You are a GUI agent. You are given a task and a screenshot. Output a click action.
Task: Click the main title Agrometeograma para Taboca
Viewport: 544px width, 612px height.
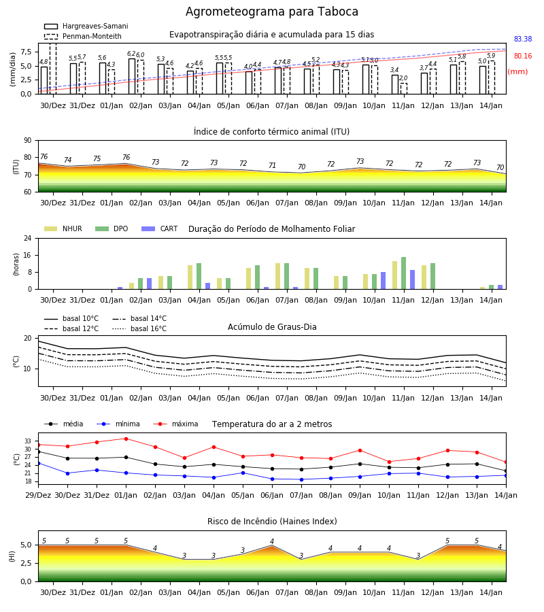[x=271, y=12]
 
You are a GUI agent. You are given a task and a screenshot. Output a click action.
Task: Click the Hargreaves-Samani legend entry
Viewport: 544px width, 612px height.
[x=86, y=26]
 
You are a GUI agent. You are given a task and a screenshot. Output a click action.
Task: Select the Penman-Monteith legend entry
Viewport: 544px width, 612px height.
[x=83, y=36]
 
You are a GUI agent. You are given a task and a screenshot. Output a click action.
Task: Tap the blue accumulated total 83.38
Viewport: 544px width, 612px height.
[x=522, y=39]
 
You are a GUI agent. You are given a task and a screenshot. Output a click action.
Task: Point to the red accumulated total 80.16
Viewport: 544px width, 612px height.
[x=522, y=56]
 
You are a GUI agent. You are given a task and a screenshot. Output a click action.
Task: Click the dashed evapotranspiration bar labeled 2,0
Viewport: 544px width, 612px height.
[x=403, y=88]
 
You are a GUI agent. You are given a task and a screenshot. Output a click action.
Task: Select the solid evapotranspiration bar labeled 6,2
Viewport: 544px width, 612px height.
[x=132, y=76]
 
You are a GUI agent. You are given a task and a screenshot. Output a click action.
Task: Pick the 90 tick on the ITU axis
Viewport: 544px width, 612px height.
[x=28, y=141]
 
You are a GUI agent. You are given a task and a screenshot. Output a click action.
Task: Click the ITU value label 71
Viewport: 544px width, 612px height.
[x=272, y=165]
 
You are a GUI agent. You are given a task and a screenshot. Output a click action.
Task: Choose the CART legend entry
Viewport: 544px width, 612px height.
[x=160, y=228]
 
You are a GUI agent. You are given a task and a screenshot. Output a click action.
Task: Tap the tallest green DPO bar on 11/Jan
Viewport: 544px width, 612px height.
[x=403, y=273]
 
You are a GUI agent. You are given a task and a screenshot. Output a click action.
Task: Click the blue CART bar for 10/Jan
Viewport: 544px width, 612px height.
[x=384, y=281]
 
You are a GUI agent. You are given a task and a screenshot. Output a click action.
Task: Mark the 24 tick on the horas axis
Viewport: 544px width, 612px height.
[x=28, y=238]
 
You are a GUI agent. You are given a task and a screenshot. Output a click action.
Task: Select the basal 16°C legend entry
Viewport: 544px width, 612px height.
[x=139, y=328]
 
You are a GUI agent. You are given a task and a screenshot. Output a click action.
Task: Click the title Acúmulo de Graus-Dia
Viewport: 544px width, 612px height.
[x=272, y=326]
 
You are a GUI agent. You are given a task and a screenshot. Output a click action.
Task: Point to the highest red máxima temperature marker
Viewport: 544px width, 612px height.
[x=126, y=439]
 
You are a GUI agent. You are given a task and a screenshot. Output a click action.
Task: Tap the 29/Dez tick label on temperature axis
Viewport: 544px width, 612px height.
[x=38, y=495]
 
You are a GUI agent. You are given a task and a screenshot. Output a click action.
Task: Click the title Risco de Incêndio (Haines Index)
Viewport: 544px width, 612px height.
[x=272, y=521]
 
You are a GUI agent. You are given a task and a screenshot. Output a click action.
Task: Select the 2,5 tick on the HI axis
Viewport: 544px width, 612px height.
[x=26, y=563]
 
